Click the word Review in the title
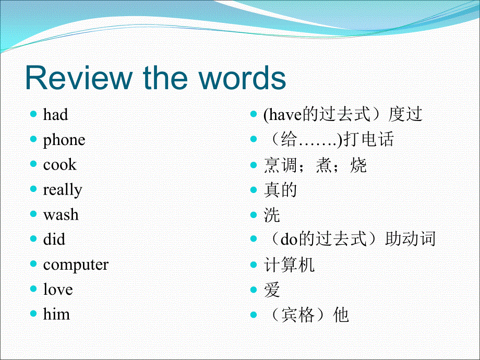click(79, 78)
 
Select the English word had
click(55, 115)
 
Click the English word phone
click(64, 140)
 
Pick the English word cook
click(59, 165)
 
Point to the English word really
click(63, 190)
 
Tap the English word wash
click(61, 214)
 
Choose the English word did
click(54, 239)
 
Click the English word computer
click(76, 265)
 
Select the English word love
click(58, 289)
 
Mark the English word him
click(56, 314)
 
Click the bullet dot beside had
click(33, 114)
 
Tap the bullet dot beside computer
click(33, 264)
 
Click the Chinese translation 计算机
click(289, 265)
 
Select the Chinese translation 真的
click(280, 190)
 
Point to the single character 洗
click(272, 215)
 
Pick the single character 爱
click(272, 290)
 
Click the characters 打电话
click(368, 139)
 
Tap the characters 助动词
click(410, 239)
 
